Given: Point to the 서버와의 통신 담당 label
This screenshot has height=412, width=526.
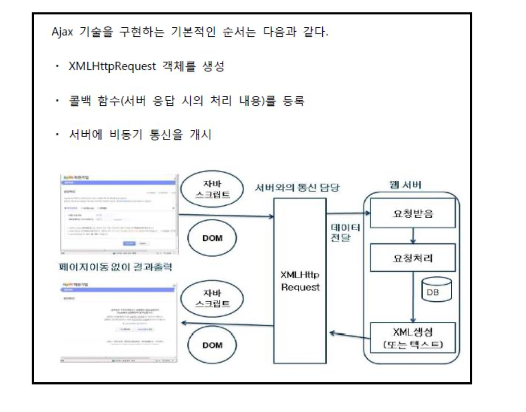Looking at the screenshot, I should point(297,187).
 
